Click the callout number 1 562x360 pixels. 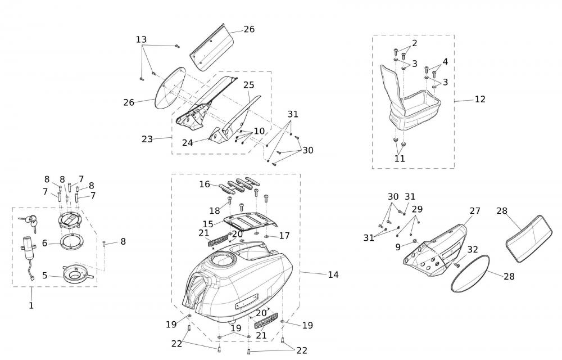tap(31, 305)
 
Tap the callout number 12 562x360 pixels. tap(479, 100)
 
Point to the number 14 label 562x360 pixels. tap(333, 274)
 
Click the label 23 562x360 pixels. tap(147, 139)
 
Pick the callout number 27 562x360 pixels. tap(475, 211)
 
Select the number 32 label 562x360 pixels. tap(473, 249)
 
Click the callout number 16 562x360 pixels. tap(204, 184)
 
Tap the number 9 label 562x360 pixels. tap(397, 246)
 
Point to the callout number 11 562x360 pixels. tap(400, 159)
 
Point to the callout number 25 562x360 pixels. tap(249, 85)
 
